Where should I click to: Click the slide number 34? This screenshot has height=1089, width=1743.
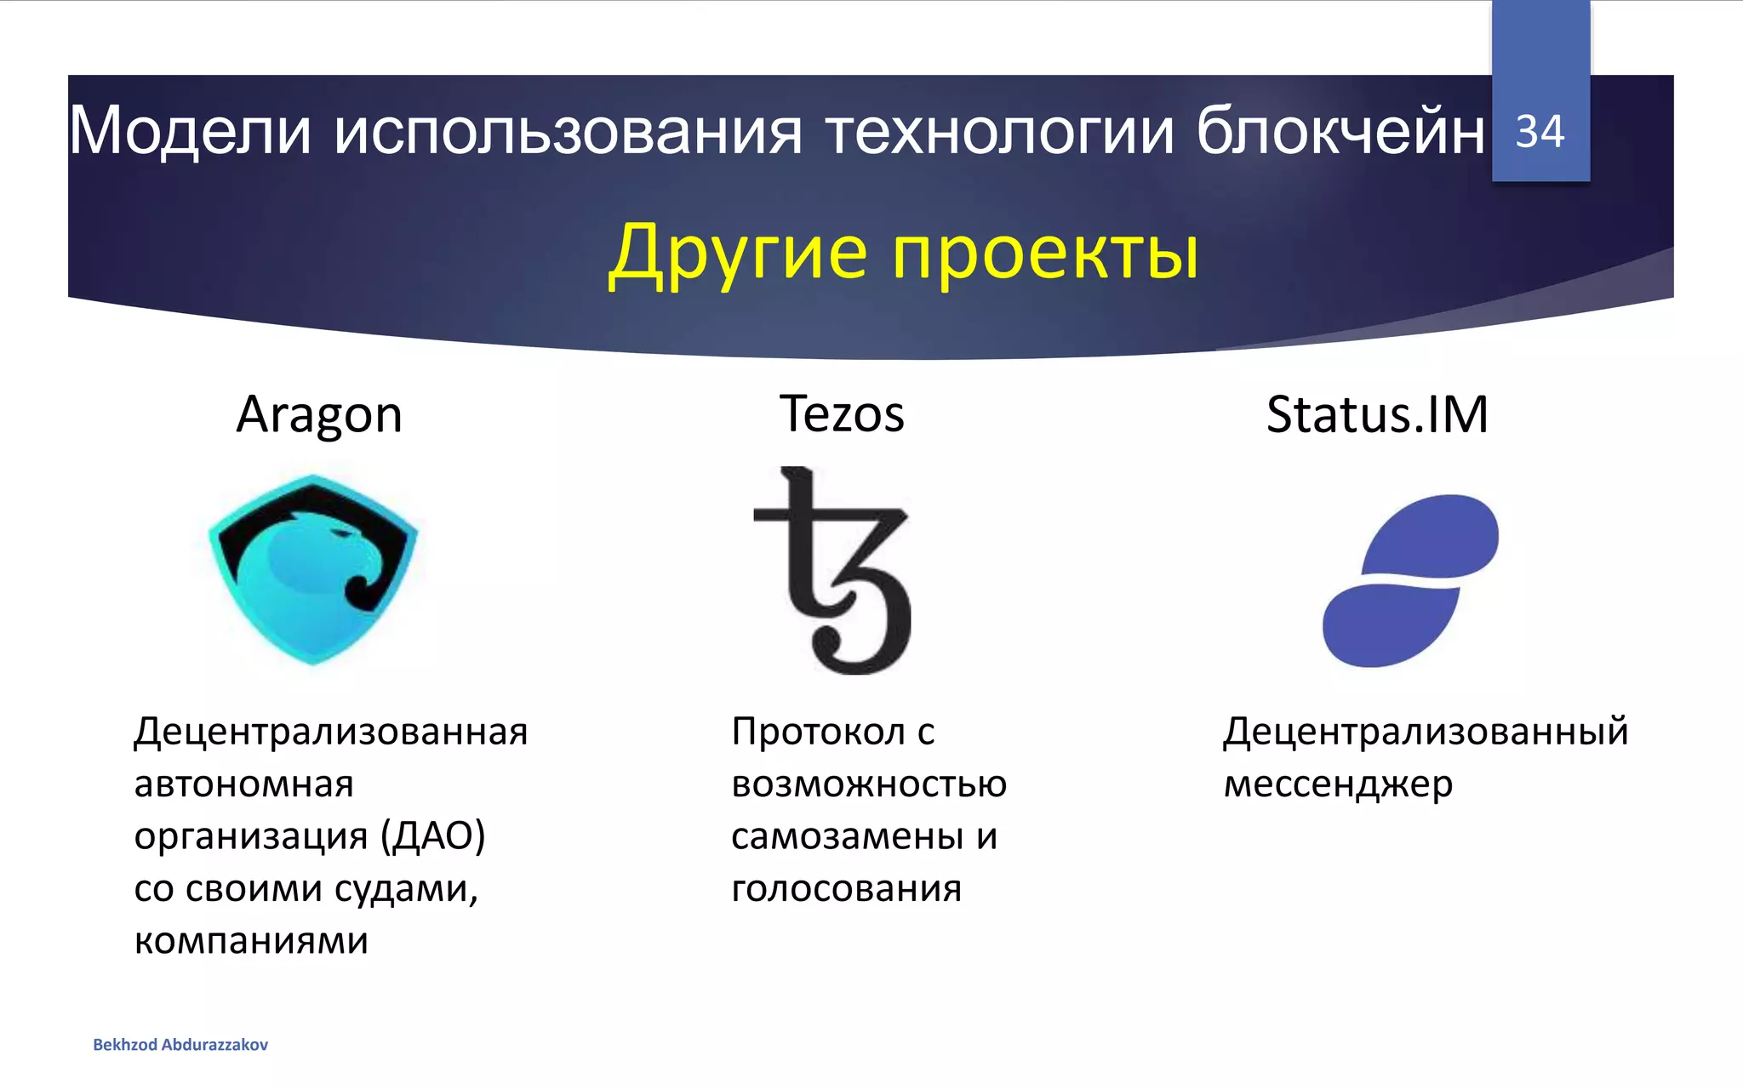tap(1540, 132)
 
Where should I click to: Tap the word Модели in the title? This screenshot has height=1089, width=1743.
tap(190, 132)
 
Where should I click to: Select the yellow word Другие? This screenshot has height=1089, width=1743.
tap(738, 253)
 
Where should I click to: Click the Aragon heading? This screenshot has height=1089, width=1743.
tap(319, 415)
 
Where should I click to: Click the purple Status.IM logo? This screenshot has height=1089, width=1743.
tap(1410, 580)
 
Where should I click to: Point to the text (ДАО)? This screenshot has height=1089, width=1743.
tap(432, 836)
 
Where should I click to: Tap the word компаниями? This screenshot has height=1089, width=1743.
tap(251, 941)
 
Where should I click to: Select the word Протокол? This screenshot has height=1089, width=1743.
tap(819, 732)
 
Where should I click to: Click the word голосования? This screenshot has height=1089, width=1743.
tap(846, 889)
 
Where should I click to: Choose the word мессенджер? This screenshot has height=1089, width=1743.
tap(1338, 784)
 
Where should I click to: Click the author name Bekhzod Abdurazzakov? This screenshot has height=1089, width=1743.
tap(180, 1045)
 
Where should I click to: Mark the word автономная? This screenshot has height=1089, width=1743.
tap(243, 784)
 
